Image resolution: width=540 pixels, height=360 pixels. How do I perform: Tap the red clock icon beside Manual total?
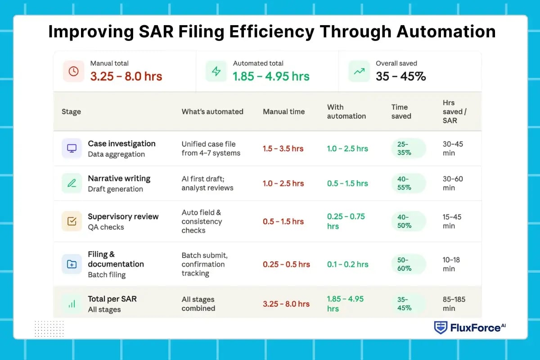point(73,71)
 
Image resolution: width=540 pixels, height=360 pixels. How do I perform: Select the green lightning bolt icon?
point(216,71)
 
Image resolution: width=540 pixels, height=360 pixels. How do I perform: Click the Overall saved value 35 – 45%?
point(400,76)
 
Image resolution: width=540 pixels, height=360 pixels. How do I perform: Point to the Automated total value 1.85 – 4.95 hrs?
point(271,76)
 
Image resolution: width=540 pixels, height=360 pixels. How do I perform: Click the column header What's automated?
point(212,112)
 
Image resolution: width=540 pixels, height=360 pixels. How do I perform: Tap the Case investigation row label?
point(121,144)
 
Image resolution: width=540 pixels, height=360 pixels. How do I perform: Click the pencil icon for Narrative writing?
point(72,183)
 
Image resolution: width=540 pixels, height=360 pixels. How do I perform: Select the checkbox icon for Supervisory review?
point(72,221)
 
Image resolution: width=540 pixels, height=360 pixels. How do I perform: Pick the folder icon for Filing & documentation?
point(72,264)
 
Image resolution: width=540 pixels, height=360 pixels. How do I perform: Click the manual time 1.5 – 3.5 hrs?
point(283,148)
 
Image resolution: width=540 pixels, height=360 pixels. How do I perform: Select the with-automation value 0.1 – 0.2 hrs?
point(347,264)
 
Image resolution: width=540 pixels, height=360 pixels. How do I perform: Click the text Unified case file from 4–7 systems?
point(211,148)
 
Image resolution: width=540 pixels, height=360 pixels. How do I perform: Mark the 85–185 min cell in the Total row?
point(454,304)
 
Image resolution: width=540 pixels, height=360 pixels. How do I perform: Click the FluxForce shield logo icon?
point(440,328)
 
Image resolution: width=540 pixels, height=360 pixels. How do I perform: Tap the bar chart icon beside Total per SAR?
point(72,304)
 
